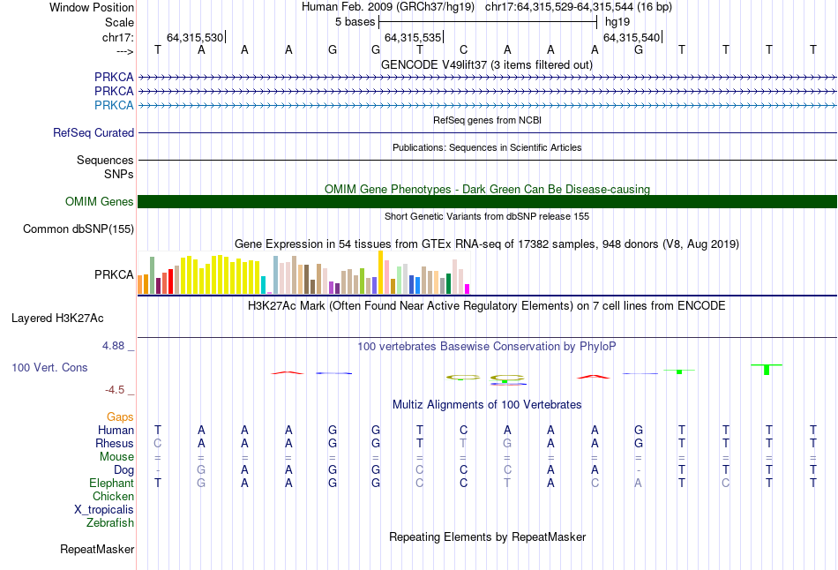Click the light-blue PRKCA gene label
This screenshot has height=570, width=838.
click(114, 105)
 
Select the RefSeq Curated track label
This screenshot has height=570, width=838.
click(94, 133)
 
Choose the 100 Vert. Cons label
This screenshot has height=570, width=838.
click(49, 367)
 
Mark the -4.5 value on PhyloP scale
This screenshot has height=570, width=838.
click(114, 389)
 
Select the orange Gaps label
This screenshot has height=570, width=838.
click(120, 416)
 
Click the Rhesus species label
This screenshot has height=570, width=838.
click(115, 443)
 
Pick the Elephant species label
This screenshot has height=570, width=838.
click(111, 483)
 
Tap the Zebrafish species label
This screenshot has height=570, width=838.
click(110, 522)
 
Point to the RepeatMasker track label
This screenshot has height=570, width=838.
click(97, 550)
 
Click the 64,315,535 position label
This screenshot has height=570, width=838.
click(411, 37)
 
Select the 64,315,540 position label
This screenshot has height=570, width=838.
click(630, 37)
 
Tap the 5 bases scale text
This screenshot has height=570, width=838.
click(355, 21)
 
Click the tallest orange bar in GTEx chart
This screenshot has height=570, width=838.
click(380, 272)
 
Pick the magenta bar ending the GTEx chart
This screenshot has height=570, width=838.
click(468, 289)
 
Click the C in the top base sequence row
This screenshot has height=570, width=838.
click(463, 49)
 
